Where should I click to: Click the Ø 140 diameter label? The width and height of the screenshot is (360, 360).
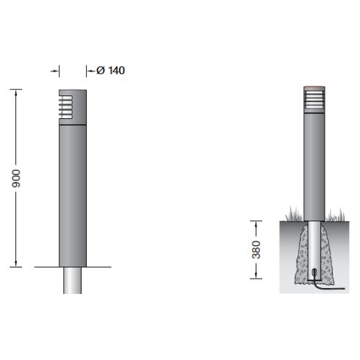pyautogui.click(x=110, y=71)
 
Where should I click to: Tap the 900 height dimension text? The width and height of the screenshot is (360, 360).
pyautogui.click(x=16, y=179)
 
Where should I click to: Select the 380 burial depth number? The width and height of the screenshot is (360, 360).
pyautogui.click(x=256, y=250)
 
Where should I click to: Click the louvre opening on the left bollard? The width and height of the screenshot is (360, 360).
pyautogui.click(x=65, y=107)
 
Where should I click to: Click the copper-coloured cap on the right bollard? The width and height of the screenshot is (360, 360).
pyautogui.click(x=314, y=88)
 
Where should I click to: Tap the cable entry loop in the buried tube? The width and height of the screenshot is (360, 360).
pyautogui.click(x=314, y=273)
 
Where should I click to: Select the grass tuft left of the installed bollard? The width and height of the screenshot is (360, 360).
pyautogui.click(x=294, y=215)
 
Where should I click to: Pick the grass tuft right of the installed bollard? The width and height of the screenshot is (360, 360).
pyautogui.click(x=335, y=215)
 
